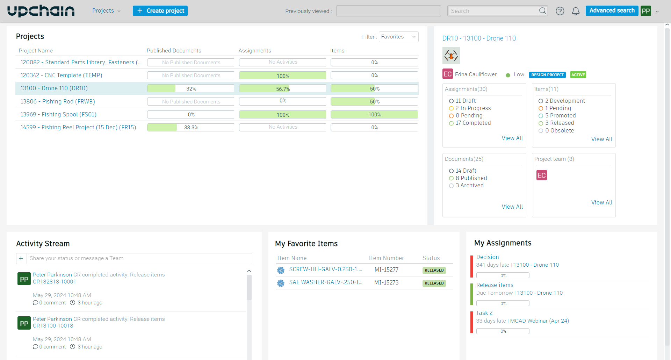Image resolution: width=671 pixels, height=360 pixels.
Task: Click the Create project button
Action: (160, 11)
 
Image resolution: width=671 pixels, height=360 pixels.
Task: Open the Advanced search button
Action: (612, 10)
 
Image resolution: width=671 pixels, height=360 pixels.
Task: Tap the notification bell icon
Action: (576, 11)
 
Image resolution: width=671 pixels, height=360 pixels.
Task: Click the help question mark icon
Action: (560, 11)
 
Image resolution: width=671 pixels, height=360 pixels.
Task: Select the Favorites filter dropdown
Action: (398, 37)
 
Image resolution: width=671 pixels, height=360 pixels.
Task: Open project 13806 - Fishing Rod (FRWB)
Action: (58, 101)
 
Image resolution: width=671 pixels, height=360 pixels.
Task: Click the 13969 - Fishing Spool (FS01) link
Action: (58, 114)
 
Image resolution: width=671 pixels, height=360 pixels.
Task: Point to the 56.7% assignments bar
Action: (282, 89)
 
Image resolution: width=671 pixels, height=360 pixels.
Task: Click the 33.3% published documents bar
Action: (190, 128)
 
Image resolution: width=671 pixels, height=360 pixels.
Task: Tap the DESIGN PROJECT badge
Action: (547, 75)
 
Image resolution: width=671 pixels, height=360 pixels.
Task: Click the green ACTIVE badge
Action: (578, 75)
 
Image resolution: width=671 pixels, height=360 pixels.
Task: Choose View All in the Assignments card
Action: (512, 138)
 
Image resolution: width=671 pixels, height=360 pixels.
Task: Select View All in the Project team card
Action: (601, 202)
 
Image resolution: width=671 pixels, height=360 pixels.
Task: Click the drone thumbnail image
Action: (451, 56)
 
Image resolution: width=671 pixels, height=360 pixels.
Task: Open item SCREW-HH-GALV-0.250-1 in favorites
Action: (325, 269)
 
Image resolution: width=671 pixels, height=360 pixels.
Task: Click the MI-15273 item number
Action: (386, 282)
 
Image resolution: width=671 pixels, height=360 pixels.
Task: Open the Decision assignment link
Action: (488, 257)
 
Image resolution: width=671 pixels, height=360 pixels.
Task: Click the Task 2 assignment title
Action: (484, 313)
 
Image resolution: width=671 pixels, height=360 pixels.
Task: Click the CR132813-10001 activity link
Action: (54, 282)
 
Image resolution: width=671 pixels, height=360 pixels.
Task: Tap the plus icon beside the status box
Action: (21, 258)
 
